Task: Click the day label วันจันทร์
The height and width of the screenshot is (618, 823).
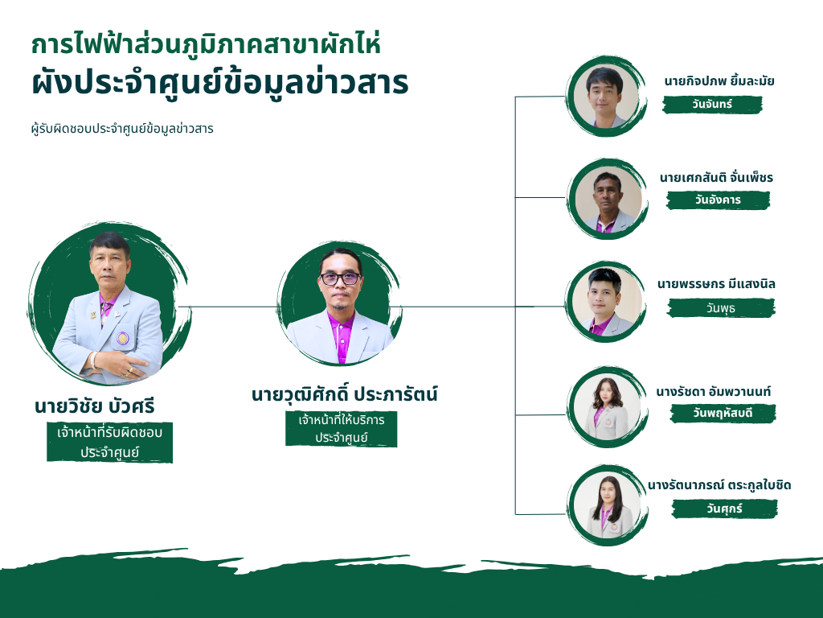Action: pyautogui.click(x=712, y=105)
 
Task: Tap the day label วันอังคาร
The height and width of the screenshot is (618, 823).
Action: pyautogui.click(x=718, y=200)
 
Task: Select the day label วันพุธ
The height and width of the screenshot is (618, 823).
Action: pyautogui.click(x=721, y=308)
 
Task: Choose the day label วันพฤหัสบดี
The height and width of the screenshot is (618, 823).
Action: pyautogui.click(x=723, y=414)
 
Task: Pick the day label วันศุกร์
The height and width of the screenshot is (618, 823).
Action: pyautogui.click(x=724, y=509)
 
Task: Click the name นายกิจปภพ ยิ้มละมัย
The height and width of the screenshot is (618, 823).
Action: pyautogui.click(x=719, y=81)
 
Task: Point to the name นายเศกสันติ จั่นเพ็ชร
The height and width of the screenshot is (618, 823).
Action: pyautogui.click(x=716, y=178)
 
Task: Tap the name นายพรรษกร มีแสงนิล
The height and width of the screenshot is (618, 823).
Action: pyautogui.click(x=716, y=284)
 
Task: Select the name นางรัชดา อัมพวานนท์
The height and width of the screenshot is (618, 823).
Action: pyautogui.click(x=714, y=392)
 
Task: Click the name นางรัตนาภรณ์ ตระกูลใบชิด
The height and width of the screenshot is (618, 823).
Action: pyautogui.click(x=719, y=485)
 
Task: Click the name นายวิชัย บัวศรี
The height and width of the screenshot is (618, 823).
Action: pyautogui.click(x=95, y=406)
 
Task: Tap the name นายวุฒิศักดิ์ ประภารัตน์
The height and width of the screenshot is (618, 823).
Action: pyautogui.click(x=344, y=394)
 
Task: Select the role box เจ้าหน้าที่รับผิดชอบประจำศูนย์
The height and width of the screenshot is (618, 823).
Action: pyautogui.click(x=109, y=442)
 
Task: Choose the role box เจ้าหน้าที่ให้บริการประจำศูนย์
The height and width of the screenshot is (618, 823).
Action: pyautogui.click(x=341, y=428)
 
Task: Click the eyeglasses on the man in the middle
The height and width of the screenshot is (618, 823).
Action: pyautogui.click(x=340, y=278)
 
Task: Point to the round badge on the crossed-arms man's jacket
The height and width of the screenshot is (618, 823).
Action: pyautogui.click(x=123, y=338)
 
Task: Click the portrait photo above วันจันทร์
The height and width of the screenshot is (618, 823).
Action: pyautogui.click(x=606, y=97)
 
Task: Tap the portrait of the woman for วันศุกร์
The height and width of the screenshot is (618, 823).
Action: pyautogui.click(x=608, y=505)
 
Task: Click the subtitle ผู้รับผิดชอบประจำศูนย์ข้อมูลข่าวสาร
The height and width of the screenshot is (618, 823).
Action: pyautogui.click(x=122, y=129)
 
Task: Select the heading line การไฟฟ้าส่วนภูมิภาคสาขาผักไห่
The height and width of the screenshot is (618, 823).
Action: pyautogui.click(x=206, y=44)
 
